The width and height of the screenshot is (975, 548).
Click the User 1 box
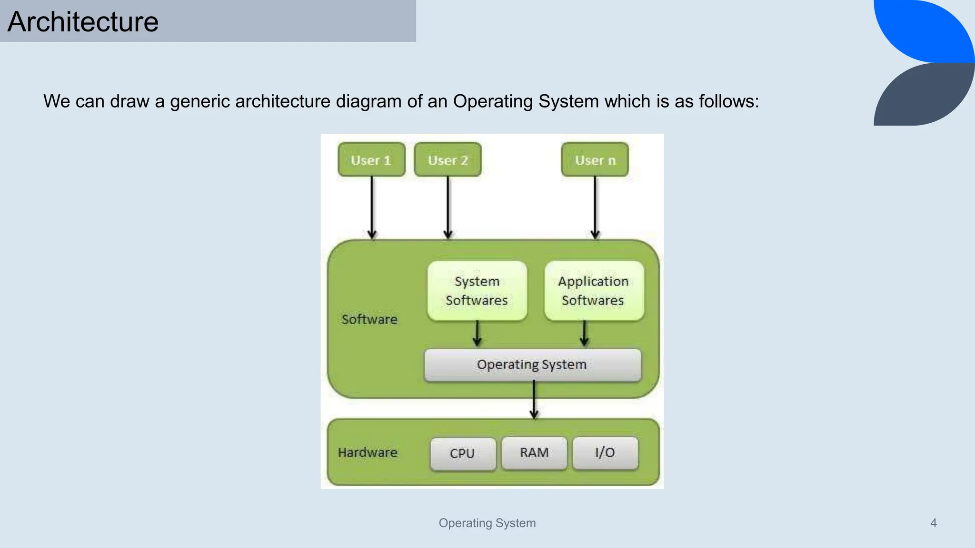click(371, 160)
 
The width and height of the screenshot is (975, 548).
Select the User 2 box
click(448, 160)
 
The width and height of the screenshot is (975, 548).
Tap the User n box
click(595, 160)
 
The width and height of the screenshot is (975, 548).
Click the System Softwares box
click(477, 291)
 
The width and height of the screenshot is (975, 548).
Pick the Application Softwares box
click(594, 291)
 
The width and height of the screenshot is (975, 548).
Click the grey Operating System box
click(532, 365)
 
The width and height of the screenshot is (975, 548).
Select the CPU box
click(462, 453)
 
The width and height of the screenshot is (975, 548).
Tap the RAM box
click(534, 453)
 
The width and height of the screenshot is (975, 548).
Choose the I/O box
click(605, 453)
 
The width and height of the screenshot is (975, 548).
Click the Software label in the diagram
click(369, 319)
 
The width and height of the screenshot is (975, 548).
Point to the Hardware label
click(368, 452)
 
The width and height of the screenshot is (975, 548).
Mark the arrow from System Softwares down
click(477, 333)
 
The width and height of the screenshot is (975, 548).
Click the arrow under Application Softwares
click(585, 333)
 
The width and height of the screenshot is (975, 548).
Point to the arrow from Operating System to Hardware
click(534, 400)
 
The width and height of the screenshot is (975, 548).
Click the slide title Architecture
click(83, 22)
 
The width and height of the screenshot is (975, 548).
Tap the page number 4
click(933, 523)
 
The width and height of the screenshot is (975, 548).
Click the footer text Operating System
click(487, 523)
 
